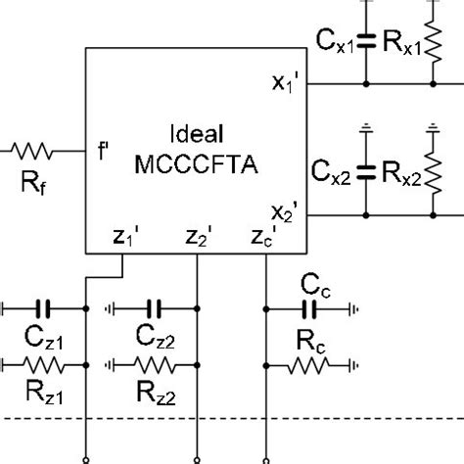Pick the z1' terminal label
click(x=124, y=238)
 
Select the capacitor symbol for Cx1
click(x=366, y=41)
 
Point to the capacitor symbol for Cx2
click(x=366, y=170)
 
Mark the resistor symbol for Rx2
click(x=430, y=170)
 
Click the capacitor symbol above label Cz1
click(x=43, y=306)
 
